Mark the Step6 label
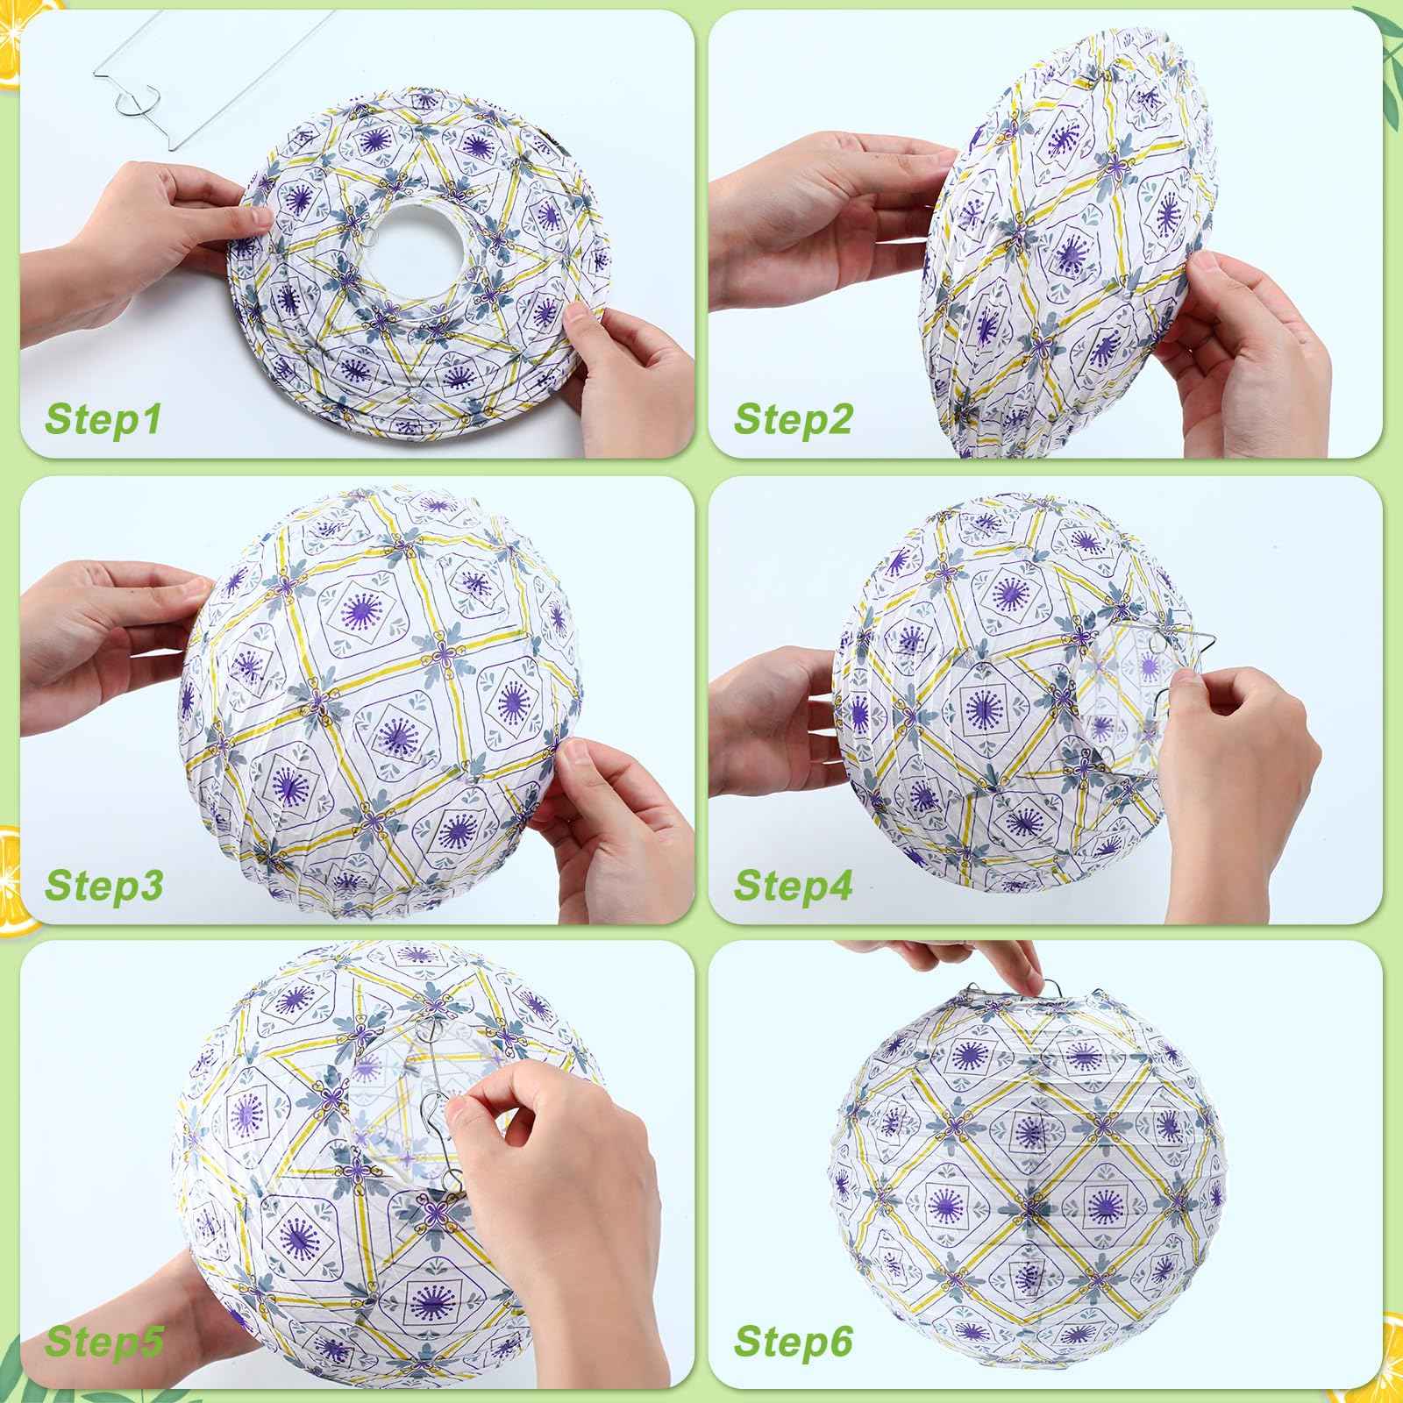pos(794,1365)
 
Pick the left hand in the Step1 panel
pos(149,219)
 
